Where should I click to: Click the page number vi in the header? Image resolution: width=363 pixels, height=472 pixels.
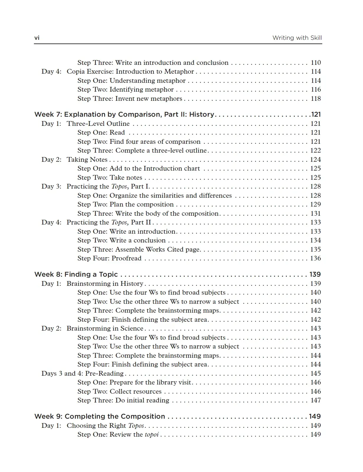37,38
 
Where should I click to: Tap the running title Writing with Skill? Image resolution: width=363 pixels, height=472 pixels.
297,38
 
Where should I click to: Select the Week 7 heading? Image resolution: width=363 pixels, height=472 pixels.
124,114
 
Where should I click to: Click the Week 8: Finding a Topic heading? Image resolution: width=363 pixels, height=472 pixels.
76,274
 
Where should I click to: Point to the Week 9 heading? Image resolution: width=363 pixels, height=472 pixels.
99,416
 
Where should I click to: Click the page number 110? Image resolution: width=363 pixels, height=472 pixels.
315,62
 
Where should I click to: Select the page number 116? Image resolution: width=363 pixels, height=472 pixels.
315,89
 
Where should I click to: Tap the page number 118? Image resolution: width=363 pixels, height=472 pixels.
315,98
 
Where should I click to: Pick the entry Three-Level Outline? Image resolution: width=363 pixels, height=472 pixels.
98,123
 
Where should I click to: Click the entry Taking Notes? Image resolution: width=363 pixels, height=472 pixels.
87,159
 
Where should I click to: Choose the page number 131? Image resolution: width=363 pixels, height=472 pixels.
315,213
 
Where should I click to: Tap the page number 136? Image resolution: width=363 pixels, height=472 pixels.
315,258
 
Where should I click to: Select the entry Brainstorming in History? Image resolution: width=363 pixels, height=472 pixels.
105,283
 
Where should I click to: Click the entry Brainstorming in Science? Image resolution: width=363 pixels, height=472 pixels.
105,328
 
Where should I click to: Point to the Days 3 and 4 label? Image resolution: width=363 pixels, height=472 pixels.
62,373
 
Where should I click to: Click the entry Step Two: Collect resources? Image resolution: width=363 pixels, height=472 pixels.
119,391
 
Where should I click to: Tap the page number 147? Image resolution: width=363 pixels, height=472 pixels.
315,400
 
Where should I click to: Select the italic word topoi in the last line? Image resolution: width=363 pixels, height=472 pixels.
152,434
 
